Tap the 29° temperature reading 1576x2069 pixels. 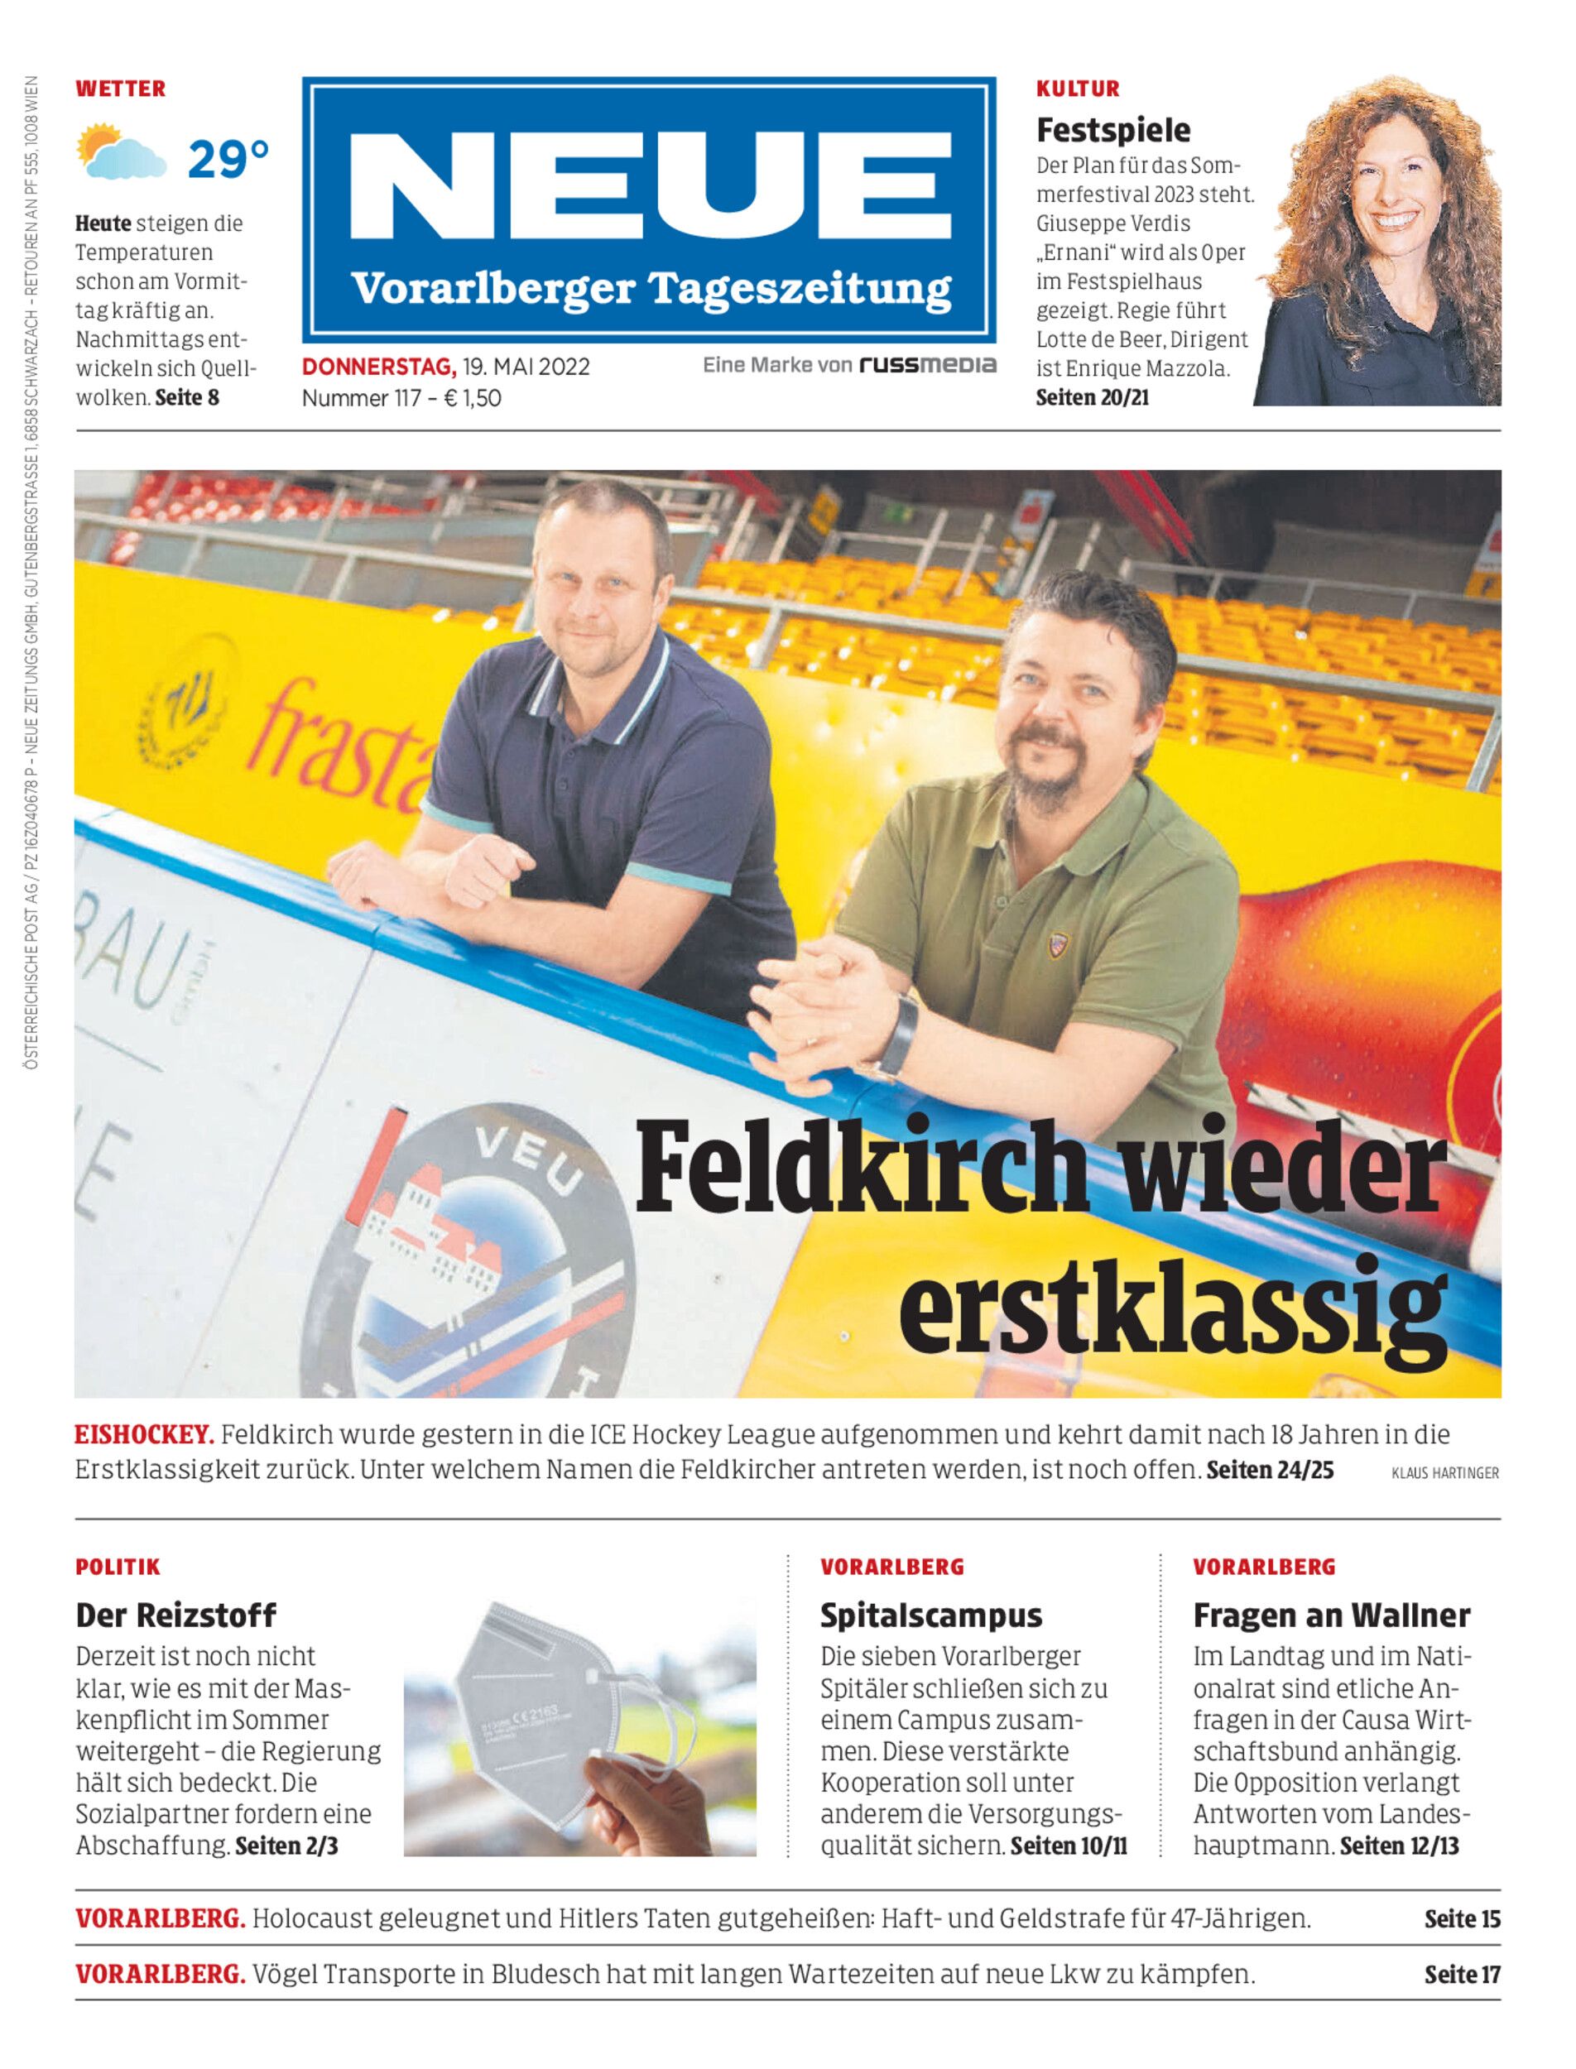pyautogui.click(x=228, y=160)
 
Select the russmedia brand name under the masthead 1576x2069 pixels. pyautogui.click(x=928, y=365)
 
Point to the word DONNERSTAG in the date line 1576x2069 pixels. pyautogui.click(x=378, y=367)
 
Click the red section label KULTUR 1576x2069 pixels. pyautogui.click(x=1078, y=89)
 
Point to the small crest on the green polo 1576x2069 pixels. pyautogui.click(x=1057, y=943)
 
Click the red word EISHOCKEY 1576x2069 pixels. pyautogui.click(x=145, y=1435)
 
